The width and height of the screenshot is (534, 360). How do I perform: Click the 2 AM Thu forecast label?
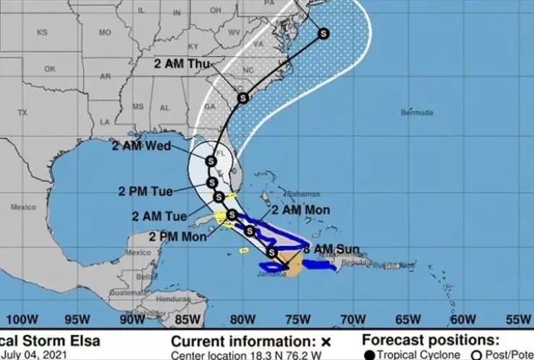182,63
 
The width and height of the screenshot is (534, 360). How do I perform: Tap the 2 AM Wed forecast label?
141,146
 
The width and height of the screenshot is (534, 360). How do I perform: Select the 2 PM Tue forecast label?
146,191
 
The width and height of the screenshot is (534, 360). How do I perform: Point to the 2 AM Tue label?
159,216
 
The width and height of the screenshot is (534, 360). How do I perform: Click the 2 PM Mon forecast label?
175,236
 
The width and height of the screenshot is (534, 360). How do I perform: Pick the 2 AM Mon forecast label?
301,210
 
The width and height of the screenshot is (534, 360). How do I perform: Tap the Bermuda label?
417,113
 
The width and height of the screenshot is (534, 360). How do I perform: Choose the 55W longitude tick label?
517,319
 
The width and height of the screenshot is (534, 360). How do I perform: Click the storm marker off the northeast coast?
323,32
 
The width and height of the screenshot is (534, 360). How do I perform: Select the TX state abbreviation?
22,113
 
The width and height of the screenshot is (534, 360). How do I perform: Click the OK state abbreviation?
50,69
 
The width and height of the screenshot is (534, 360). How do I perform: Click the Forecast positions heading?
429,340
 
